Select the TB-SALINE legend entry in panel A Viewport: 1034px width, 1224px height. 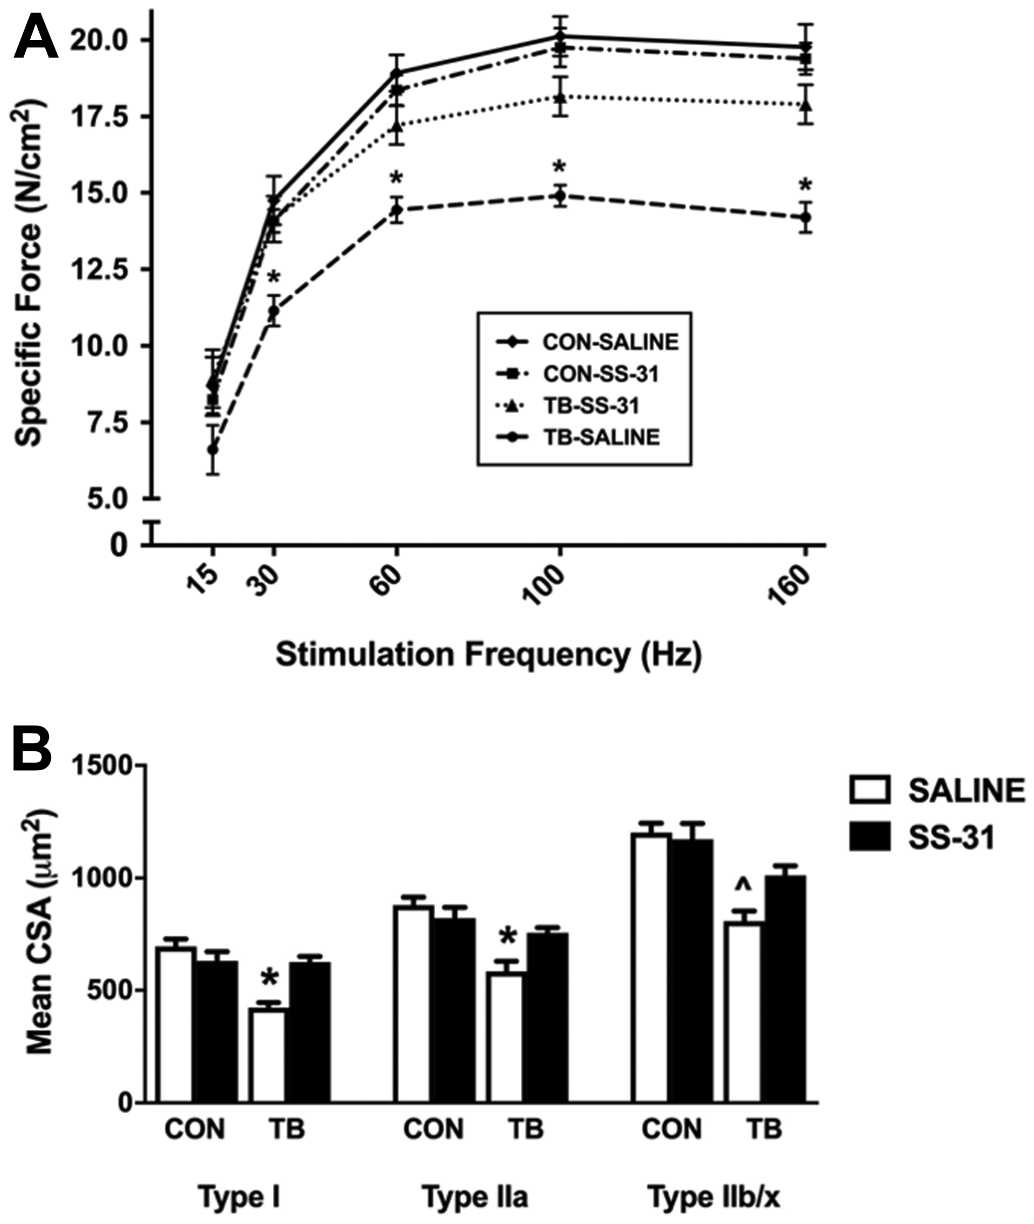coord(600,437)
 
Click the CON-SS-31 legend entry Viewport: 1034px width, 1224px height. coord(600,374)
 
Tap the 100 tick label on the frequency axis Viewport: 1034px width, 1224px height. coord(543,585)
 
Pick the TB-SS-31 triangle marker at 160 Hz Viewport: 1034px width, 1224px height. coord(807,105)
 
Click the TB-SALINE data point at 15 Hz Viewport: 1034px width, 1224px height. coord(213,450)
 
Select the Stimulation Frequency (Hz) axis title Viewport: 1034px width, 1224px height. coord(488,655)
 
